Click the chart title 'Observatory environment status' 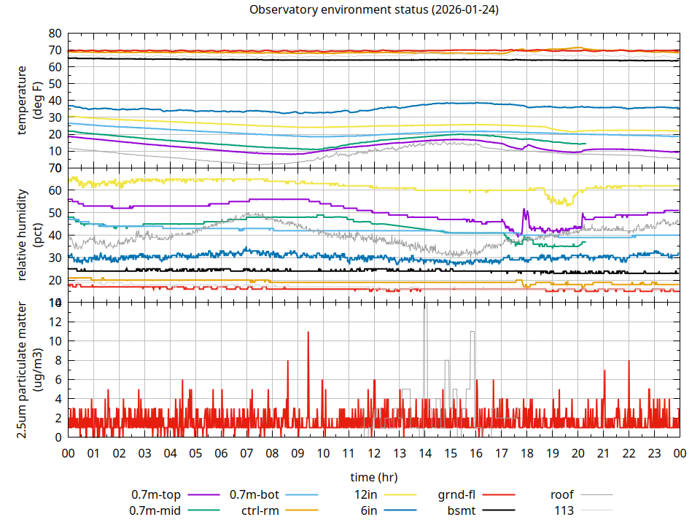tap(374, 10)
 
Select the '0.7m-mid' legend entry tap(152, 510)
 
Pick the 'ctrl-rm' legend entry tap(259, 510)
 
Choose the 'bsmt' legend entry tap(461, 510)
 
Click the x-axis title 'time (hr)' tap(374, 478)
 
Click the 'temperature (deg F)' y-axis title tap(28, 101)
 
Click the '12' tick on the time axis tap(373, 453)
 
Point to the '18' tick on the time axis tap(526, 453)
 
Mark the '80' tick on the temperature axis tap(55, 34)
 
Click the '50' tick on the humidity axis tap(55, 213)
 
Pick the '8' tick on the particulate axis tap(58, 360)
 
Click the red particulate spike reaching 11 tap(308, 332)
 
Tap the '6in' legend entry tap(369, 510)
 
